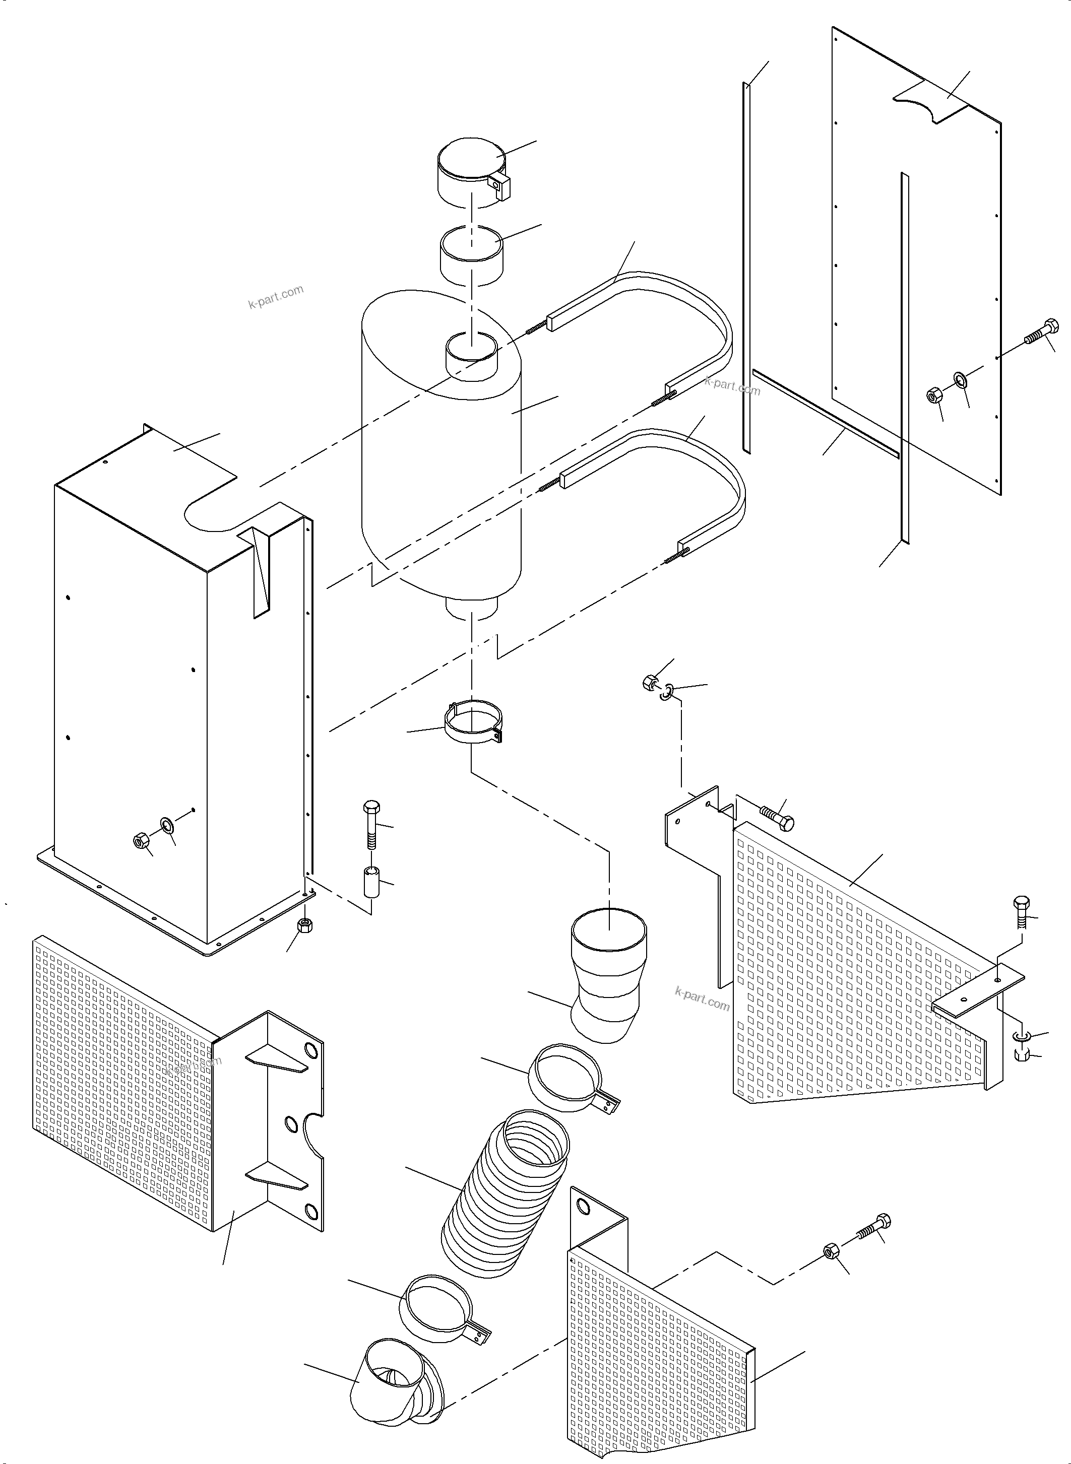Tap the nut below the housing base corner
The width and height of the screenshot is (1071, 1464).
pyautogui.click(x=303, y=925)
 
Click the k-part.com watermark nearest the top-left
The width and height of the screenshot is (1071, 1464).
pyautogui.click(x=276, y=297)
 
